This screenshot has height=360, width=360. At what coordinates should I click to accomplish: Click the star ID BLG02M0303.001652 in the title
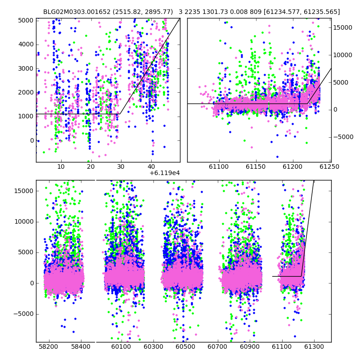pyautogui.click(x=77, y=12)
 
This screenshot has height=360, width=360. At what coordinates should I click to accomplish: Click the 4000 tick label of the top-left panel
pyautogui.click(x=26, y=44)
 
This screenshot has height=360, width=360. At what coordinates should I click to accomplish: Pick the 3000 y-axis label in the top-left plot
pyautogui.click(x=26, y=68)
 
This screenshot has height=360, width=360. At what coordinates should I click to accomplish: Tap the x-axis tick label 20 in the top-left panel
pyautogui.click(x=91, y=166)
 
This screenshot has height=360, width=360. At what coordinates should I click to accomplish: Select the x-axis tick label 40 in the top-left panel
pyautogui.click(x=151, y=166)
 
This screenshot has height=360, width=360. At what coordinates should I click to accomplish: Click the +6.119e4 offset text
pyautogui.click(x=165, y=173)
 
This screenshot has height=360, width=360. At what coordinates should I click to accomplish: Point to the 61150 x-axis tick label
pyautogui.click(x=256, y=166)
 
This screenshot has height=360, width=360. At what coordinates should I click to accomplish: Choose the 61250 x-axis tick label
pyautogui.click(x=329, y=166)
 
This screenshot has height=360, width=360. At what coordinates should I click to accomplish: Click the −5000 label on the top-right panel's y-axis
pyautogui.click(x=343, y=137)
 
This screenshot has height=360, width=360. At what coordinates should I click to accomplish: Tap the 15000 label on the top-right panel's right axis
pyautogui.click(x=343, y=27)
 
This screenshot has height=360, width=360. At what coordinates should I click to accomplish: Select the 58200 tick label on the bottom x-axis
pyautogui.click(x=49, y=346)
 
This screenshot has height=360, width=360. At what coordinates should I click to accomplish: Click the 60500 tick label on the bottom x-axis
pyautogui.click(x=185, y=346)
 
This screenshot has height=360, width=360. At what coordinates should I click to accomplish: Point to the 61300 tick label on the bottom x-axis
pyautogui.click(x=314, y=346)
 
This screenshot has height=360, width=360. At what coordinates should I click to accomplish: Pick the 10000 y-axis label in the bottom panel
pyautogui.click(x=24, y=222)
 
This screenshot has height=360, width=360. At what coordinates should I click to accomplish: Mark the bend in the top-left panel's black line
pyautogui.click(x=120, y=114)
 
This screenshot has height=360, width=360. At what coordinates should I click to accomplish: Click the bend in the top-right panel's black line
pyautogui.click(x=308, y=104)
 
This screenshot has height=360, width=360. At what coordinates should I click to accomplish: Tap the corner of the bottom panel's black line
pyautogui.click(x=301, y=276)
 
